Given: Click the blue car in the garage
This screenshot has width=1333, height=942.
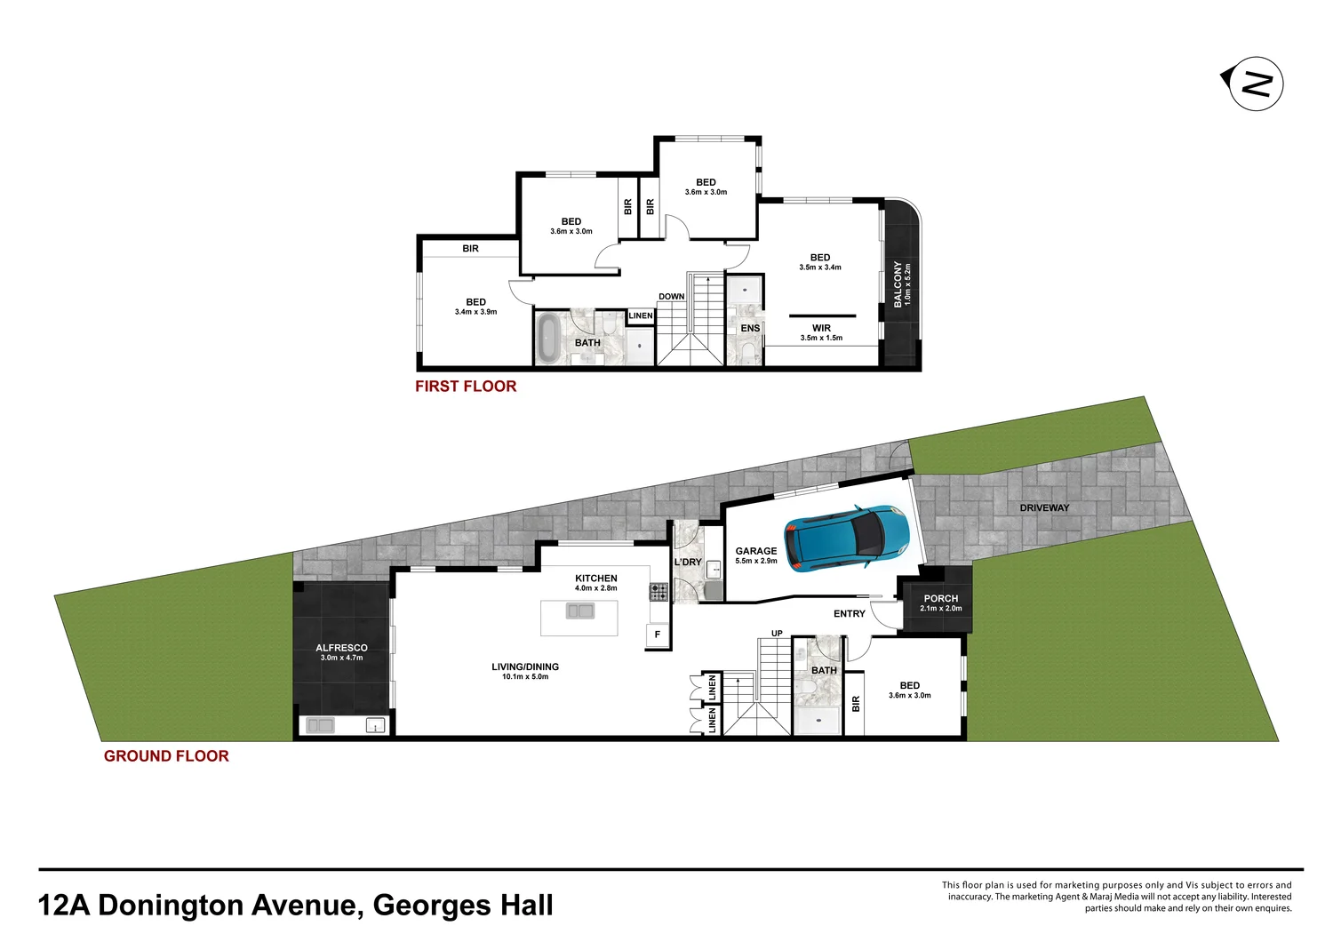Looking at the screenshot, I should tap(846, 537).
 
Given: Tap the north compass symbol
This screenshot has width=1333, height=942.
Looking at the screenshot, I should tap(1255, 84).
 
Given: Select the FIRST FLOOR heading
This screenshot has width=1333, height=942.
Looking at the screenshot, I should tap(466, 387).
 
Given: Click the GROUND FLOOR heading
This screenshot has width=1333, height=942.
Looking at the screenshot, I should tap(166, 756).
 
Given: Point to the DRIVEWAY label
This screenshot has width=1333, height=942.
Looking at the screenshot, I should tap(1044, 508).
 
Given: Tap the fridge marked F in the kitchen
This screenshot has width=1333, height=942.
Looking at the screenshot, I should tap(658, 635).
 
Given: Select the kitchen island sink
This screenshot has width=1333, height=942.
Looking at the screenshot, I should tap(580, 611).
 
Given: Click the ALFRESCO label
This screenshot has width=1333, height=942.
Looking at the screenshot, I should tap(341, 648).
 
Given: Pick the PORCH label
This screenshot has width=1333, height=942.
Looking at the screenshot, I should tap(940, 598).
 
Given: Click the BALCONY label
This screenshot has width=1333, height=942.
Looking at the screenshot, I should tap(898, 284).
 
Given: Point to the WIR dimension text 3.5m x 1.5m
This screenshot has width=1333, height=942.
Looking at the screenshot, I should tap(821, 338).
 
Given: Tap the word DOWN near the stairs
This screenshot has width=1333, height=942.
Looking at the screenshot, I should tap(672, 297).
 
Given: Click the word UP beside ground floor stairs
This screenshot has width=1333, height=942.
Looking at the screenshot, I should tap(777, 634).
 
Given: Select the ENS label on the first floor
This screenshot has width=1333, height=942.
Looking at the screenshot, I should tap(750, 328).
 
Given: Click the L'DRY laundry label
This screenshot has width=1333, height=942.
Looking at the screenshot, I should tap(688, 562).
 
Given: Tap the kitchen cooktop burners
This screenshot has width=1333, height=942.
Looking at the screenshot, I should tap(659, 592).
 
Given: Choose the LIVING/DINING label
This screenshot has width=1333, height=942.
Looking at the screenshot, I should tap(525, 667).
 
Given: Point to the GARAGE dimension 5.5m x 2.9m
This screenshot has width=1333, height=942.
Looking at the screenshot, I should tap(756, 561).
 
